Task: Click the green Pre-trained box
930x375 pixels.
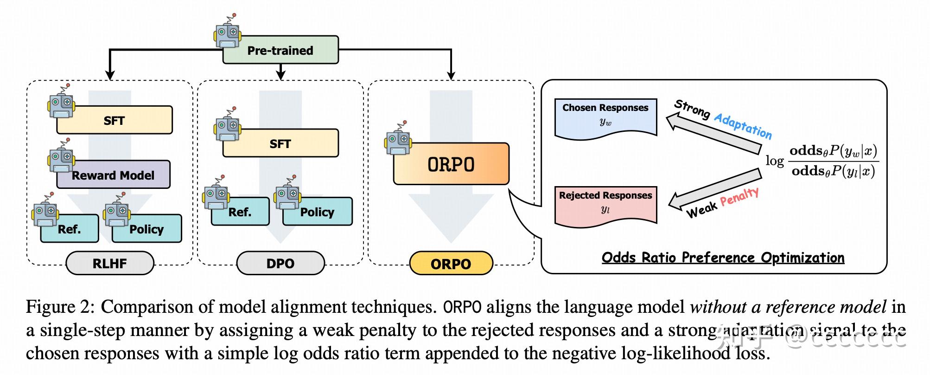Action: pyautogui.click(x=280, y=50)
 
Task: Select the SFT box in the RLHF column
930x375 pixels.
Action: pyautogui.click(x=115, y=121)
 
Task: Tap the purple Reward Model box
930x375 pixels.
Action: pyautogui.click(x=114, y=175)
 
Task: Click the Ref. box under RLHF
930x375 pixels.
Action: pyautogui.click(x=70, y=229)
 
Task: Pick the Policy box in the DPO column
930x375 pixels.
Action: pyautogui.click(x=318, y=212)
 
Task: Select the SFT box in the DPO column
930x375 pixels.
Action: pyautogui.click(x=280, y=144)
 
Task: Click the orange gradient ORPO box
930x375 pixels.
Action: pyautogui.click(x=451, y=164)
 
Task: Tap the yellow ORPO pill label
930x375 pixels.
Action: pyautogui.click(x=451, y=264)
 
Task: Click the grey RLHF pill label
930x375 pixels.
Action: pyautogui.click(x=110, y=264)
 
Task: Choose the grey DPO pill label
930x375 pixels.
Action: pyautogui.click(x=280, y=264)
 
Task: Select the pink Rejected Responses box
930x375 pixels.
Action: pyautogui.click(x=605, y=203)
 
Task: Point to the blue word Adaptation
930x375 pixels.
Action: pyautogui.click(x=743, y=125)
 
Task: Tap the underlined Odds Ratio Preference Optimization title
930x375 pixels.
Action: pyautogui.click(x=723, y=258)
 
